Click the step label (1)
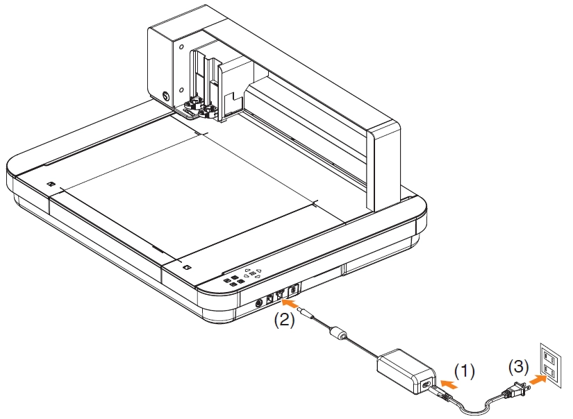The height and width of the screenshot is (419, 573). pyautogui.click(x=465, y=371)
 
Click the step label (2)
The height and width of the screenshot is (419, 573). pyautogui.click(x=284, y=320)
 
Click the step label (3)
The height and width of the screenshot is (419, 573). pyautogui.click(x=519, y=366)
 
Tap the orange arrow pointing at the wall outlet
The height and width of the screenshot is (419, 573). pyautogui.click(x=538, y=379)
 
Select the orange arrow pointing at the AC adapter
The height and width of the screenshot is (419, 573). pyautogui.click(x=449, y=384)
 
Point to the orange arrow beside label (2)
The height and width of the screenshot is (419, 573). pyautogui.click(x=291, y=303)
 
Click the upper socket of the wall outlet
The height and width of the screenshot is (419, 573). pyautogui.click(x=547, y=354)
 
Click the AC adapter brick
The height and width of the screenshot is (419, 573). pyautogui.click(x=406, y=371)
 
